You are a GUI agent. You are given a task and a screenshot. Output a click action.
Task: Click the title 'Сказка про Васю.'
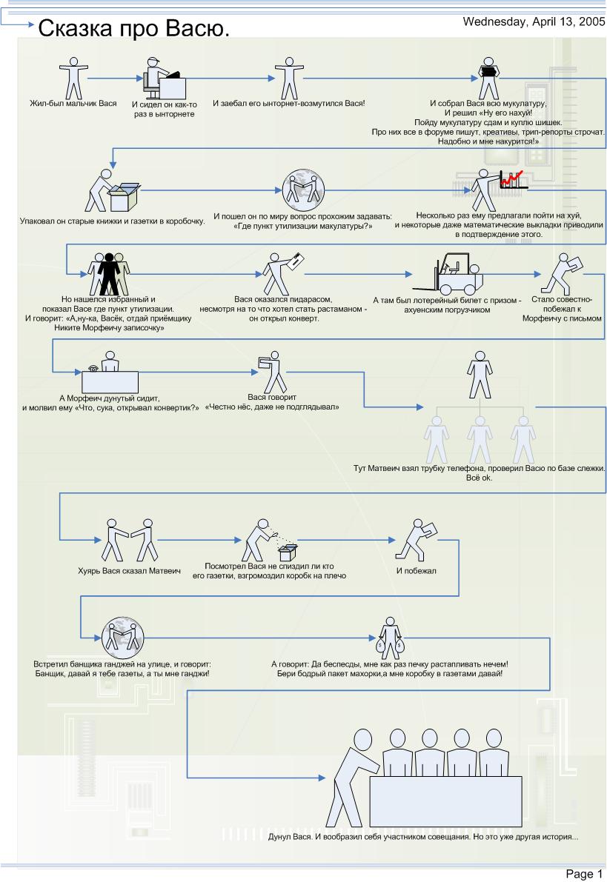133,29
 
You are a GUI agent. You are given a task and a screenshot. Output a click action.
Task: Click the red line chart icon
513,178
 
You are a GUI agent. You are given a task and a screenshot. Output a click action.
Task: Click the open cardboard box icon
123,196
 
